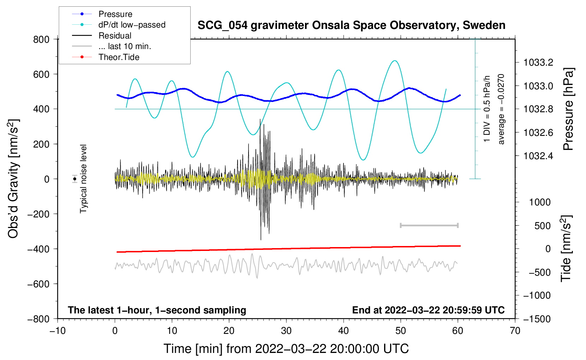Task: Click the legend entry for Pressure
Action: (115, 14)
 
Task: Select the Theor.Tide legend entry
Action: (119, 57)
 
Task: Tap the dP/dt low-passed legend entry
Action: (132, 25)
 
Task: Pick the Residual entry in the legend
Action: (115, 36)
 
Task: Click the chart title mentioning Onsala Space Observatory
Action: (351, 25)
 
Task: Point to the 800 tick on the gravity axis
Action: (41, 39)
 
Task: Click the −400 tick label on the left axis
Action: (38, 249)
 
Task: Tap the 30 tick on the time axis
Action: (286, 331)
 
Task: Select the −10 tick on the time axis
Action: (58, 331)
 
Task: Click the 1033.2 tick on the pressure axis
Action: (538, 63)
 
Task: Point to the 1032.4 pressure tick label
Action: (538, 156)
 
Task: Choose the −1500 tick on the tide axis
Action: (537, 319)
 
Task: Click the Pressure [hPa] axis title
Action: (568, 109)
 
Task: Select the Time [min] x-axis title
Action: (286, 349)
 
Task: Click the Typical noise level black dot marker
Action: (74, 179)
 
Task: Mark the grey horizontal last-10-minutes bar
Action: (429, 225)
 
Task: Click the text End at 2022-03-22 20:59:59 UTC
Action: (428, 310)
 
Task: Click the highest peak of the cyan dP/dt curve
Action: (395, 61)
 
